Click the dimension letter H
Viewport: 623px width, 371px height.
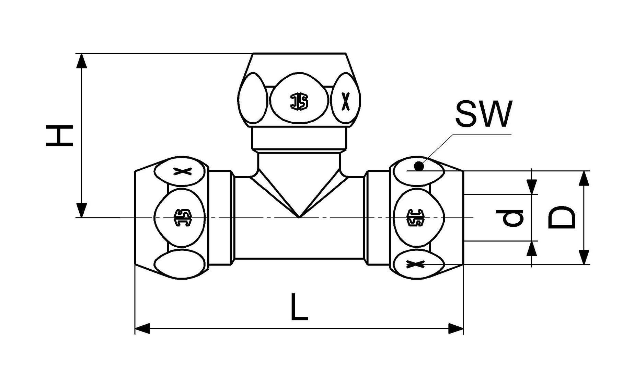point(59,136)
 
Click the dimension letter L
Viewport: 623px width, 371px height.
point(299,307)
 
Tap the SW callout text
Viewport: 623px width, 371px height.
point(483,114)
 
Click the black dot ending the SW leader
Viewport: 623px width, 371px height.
point(419,167)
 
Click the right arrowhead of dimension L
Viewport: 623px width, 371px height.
point(455,328)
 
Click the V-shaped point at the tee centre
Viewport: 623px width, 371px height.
point(299,217)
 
